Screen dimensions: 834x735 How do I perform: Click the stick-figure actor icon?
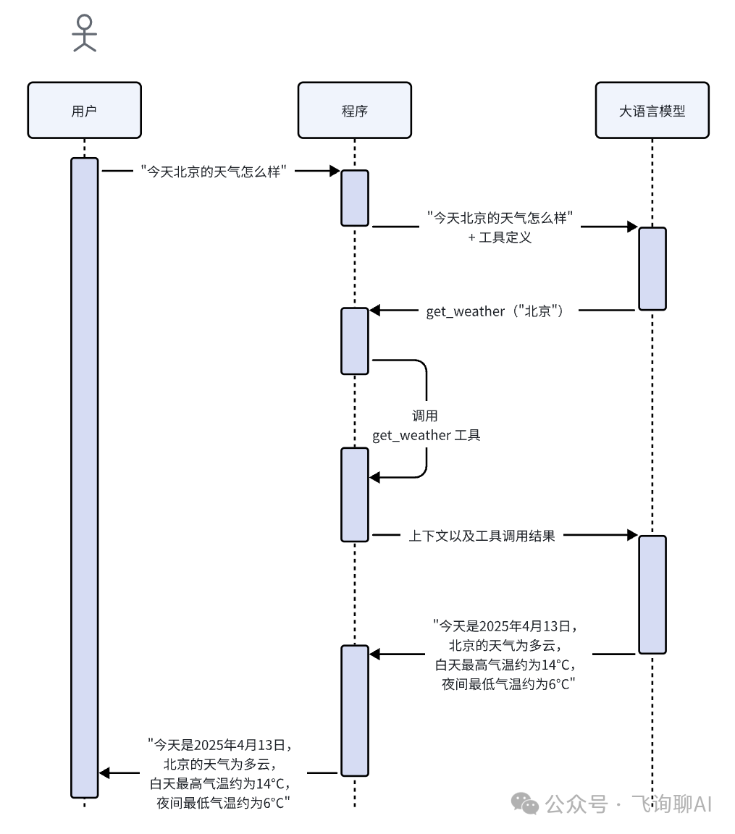click(85, 34)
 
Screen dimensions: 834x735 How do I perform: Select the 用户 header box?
click(85, 111)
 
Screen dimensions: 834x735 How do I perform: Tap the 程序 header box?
click(354, 111)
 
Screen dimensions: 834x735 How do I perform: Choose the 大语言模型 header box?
click(652, 111)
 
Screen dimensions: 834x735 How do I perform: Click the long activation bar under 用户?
click(84, 478)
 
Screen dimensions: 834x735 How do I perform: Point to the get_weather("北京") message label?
click(495, 311)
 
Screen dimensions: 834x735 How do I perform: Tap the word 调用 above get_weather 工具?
click(425, 416)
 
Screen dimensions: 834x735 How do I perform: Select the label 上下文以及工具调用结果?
click(482, 536)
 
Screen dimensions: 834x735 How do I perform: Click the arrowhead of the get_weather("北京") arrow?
click(375, 311)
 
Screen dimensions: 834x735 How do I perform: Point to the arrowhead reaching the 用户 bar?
click(104, 773)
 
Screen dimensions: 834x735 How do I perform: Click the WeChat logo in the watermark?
click(524, 803)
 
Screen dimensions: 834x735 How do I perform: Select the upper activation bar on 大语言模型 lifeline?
click(652, 269)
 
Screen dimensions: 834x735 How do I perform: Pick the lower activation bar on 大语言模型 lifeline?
click(652, 594)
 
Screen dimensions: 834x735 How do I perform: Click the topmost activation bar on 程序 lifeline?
click(355, 198)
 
